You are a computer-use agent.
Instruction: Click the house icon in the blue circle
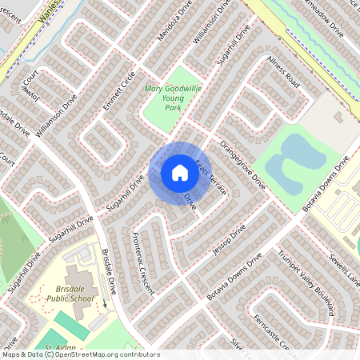179,171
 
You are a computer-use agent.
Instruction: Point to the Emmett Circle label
118,94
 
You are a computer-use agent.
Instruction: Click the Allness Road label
283,72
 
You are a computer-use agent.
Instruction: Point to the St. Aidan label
60,349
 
